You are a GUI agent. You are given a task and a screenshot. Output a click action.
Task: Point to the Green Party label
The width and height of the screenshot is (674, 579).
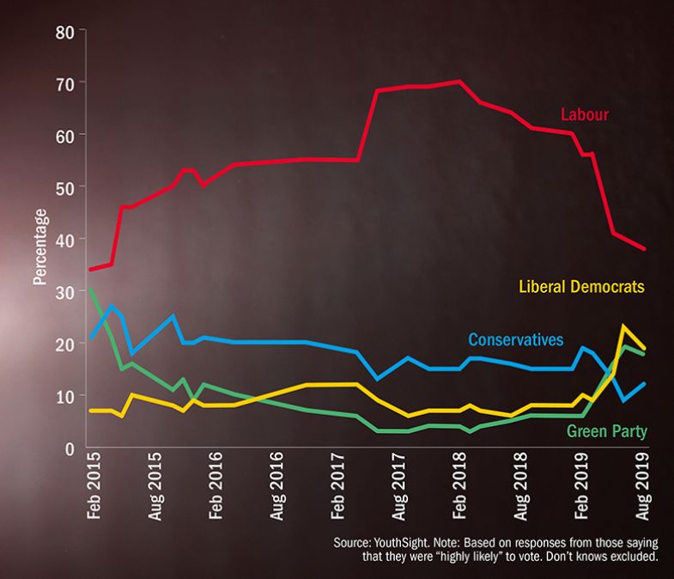pos(607,430)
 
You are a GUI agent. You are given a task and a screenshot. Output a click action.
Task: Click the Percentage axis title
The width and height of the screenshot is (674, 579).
pos(39,246)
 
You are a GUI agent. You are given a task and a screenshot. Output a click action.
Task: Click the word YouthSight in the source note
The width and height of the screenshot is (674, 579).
pos(403,544)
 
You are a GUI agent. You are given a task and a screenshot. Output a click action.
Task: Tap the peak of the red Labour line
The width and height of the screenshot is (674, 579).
pos(459,82)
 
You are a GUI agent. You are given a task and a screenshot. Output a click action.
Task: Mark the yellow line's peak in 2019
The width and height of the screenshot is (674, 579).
pos(622,326)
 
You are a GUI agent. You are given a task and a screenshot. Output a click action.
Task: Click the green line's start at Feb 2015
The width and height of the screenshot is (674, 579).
pos(90,289)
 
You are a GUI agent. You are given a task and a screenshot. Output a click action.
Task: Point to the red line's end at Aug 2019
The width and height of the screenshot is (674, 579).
pos(644,249)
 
